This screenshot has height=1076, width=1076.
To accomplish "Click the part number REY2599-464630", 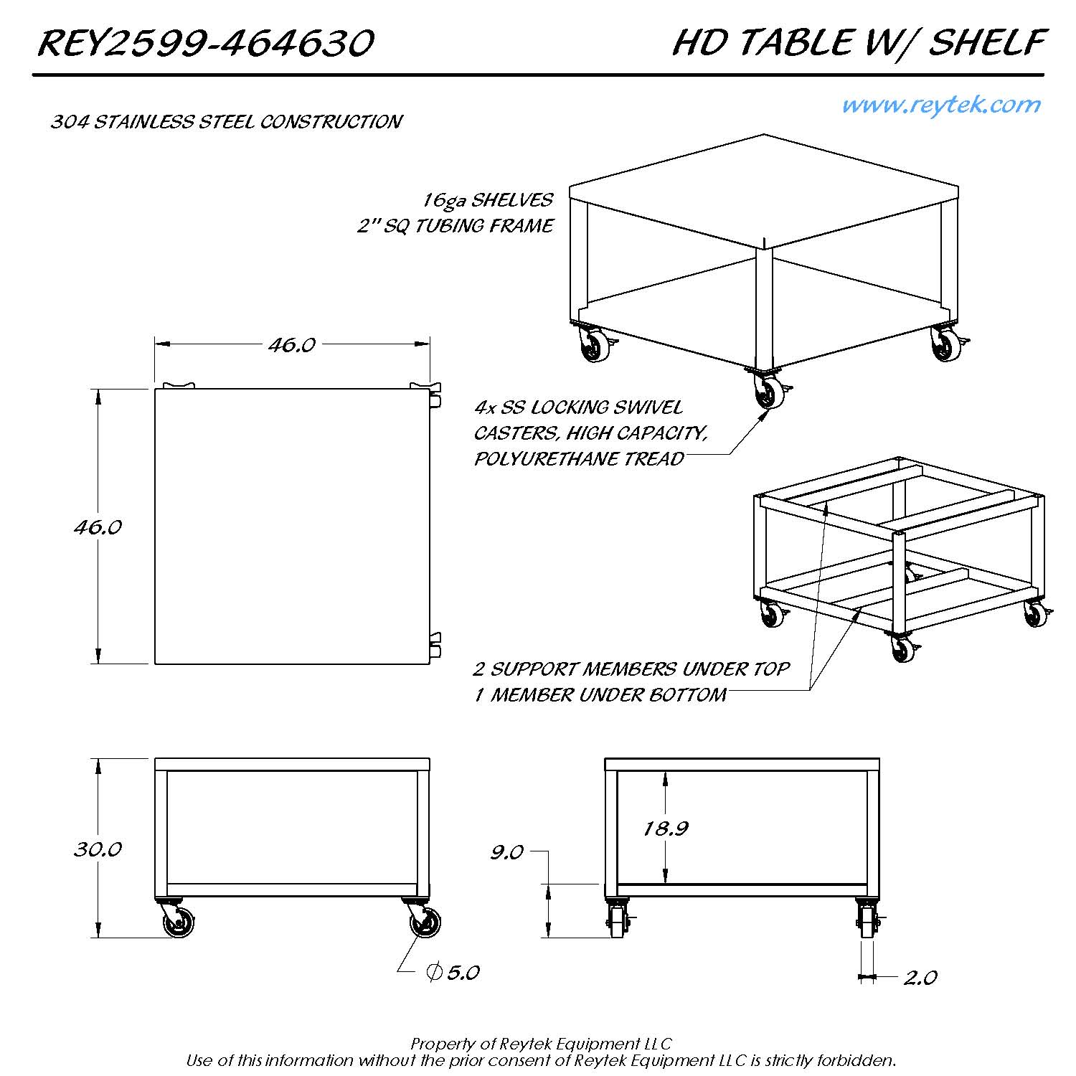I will pos(205,43).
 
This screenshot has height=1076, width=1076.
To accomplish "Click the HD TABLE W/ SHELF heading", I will pos(858,43).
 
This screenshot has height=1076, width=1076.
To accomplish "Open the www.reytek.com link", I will pos(940,105).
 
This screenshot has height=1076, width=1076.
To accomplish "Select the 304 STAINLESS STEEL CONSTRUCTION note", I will pos(226,122).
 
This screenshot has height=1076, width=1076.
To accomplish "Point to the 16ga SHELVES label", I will pos(488,200).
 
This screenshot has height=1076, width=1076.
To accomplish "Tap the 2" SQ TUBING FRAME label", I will pos(456,226).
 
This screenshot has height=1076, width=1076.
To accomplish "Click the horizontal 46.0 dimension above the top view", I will pos(292,345).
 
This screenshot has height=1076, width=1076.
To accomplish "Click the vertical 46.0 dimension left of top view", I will pos(98,527).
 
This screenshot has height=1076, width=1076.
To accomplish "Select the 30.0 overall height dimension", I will pos(98,849).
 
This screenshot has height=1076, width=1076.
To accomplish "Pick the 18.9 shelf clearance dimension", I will pos(666,829).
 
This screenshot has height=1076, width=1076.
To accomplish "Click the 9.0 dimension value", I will pos(506,852).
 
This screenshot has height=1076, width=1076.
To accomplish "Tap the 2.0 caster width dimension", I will pos(920,978).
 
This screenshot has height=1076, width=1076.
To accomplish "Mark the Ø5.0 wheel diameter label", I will pos(453,973).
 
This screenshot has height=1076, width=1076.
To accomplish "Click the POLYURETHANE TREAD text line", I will pos(579,459).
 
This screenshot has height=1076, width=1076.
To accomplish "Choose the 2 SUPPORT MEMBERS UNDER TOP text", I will pos(631,669).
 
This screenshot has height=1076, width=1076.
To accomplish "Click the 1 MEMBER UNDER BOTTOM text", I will pos(600,695).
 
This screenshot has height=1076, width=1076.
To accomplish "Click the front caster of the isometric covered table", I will pos(768,392).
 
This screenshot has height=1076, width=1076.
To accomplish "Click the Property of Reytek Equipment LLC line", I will pos(541,1044).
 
